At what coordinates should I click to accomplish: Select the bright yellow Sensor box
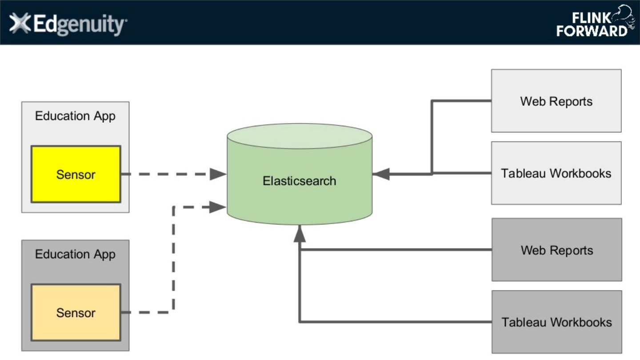tap(76, 174)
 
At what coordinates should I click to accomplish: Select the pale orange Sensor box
tap(76, 313)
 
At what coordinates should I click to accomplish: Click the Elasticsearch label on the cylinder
tap(299, 181)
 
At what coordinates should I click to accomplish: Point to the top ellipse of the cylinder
tap(299, 136)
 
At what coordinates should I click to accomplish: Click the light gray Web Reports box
tap(556, 101)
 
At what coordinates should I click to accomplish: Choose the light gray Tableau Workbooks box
tap(556, 173)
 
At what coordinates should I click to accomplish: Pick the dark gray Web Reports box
tap(556, 250)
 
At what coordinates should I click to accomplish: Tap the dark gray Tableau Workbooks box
tap(556, 322)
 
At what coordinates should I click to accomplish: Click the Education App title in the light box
tap(75, 116)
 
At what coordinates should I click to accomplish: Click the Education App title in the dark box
tap(75, 254)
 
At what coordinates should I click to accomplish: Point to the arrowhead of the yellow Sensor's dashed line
tap(218, 174)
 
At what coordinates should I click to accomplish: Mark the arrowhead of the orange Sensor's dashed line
tap(217, 206)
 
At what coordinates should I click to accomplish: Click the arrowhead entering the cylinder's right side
tap(381, 174)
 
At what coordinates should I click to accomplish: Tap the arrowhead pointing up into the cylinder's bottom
tap(300, 233)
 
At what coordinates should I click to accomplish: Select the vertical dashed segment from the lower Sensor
tap(173, 258)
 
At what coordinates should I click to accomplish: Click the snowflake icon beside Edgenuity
tap(20, 23)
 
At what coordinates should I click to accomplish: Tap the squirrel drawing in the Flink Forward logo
tap(622, 17)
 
